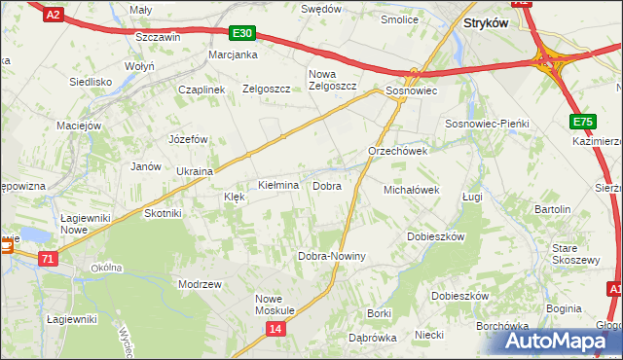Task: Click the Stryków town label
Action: click(x=487, y=22)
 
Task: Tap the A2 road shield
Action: click(x=55, y=13)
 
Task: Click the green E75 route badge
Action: click(x=582, y=121)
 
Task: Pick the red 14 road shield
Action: click(x=276, y=331)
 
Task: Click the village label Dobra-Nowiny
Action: click(x=331, y=256)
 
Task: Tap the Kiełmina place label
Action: click(x=277, y=185)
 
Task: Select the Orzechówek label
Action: click(x=397, y=152)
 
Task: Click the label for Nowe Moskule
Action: click(x=275, y=305)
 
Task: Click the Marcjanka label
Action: click(x=233, y=54)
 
